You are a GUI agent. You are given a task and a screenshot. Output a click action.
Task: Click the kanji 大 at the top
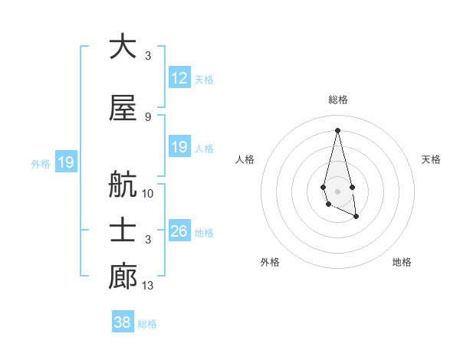coord(123,47)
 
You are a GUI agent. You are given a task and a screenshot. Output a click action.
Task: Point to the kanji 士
coord(123,231)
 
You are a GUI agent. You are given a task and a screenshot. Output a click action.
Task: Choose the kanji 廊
coord(123,277)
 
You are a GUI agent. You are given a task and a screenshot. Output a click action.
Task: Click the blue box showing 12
coord(179,78)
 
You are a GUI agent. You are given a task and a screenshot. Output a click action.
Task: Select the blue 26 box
coord(179,232)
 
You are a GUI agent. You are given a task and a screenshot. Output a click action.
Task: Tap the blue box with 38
coord(123,322)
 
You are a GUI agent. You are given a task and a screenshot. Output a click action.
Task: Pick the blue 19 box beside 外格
coord(65,162)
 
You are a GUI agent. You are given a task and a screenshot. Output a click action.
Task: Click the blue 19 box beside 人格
coord(179,147)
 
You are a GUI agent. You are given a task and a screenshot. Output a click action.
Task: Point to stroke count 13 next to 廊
coord(148,286)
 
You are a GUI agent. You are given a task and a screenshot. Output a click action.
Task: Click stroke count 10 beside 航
coord(148,194)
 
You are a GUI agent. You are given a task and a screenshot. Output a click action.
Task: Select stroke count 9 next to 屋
coord(148,116)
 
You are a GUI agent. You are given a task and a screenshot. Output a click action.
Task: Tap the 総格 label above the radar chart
coord(338,100)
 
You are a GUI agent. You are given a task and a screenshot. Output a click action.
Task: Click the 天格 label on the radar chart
coord(432,159)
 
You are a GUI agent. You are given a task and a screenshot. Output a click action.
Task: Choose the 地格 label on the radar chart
coord(402,262)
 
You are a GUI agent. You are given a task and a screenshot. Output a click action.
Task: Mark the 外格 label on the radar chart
coord(270,262)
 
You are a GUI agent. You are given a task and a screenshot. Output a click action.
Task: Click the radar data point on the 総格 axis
coord(337,130)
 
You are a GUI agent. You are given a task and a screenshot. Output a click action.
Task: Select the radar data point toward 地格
coord(356,217)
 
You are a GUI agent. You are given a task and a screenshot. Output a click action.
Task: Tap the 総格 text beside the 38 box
coord(147,324)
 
